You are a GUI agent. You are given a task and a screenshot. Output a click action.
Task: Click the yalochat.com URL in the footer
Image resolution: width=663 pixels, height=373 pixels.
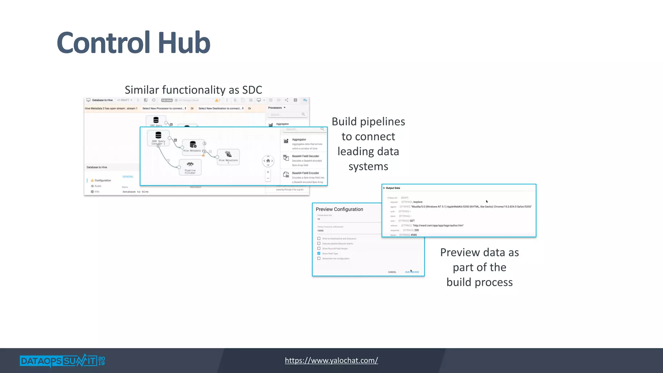(331, 360)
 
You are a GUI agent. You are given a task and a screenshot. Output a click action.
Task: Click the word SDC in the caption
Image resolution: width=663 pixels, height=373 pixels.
(250, 90)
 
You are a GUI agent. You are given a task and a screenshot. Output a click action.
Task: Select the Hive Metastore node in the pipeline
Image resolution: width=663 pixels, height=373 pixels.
(228, 157)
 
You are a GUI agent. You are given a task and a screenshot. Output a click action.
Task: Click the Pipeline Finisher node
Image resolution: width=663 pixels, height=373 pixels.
(190, 167)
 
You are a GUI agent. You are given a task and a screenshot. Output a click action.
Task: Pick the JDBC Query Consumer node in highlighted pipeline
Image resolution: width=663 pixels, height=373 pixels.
(158, 138)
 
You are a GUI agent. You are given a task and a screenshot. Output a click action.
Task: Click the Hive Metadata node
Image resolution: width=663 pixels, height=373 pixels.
(193, 146)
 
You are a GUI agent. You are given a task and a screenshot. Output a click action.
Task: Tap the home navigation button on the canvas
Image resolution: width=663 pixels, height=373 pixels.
(268, 161)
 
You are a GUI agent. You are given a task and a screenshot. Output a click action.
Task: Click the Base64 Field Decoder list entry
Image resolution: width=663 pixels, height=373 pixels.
(305, 156)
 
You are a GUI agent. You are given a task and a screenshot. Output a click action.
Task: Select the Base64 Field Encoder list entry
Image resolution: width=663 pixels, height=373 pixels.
(305, 173)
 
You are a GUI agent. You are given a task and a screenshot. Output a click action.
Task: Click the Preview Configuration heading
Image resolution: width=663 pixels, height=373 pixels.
(339, 209)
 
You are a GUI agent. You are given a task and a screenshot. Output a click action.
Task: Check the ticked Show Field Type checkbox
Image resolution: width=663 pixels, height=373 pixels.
(319, 254)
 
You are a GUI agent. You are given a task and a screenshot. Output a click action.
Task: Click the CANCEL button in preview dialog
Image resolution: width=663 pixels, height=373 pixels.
(392, 272)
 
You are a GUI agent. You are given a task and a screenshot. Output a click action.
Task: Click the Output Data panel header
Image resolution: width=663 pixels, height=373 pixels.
(393, 188)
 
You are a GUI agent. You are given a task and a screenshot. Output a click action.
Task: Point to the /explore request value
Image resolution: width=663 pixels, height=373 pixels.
(418, 202)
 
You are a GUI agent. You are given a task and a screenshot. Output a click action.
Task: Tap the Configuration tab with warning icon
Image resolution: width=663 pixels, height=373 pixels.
(102, 180)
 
